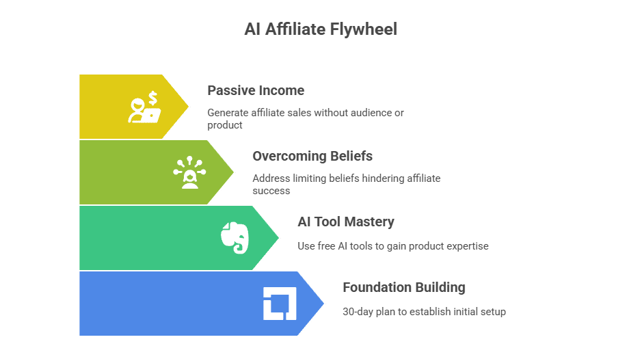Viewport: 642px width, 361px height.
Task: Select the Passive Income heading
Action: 256,90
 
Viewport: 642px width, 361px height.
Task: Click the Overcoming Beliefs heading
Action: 312,156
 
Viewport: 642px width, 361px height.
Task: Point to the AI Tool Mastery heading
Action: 345,222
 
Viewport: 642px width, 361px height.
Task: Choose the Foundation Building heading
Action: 403,287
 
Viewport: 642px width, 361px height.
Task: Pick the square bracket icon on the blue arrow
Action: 279,304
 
